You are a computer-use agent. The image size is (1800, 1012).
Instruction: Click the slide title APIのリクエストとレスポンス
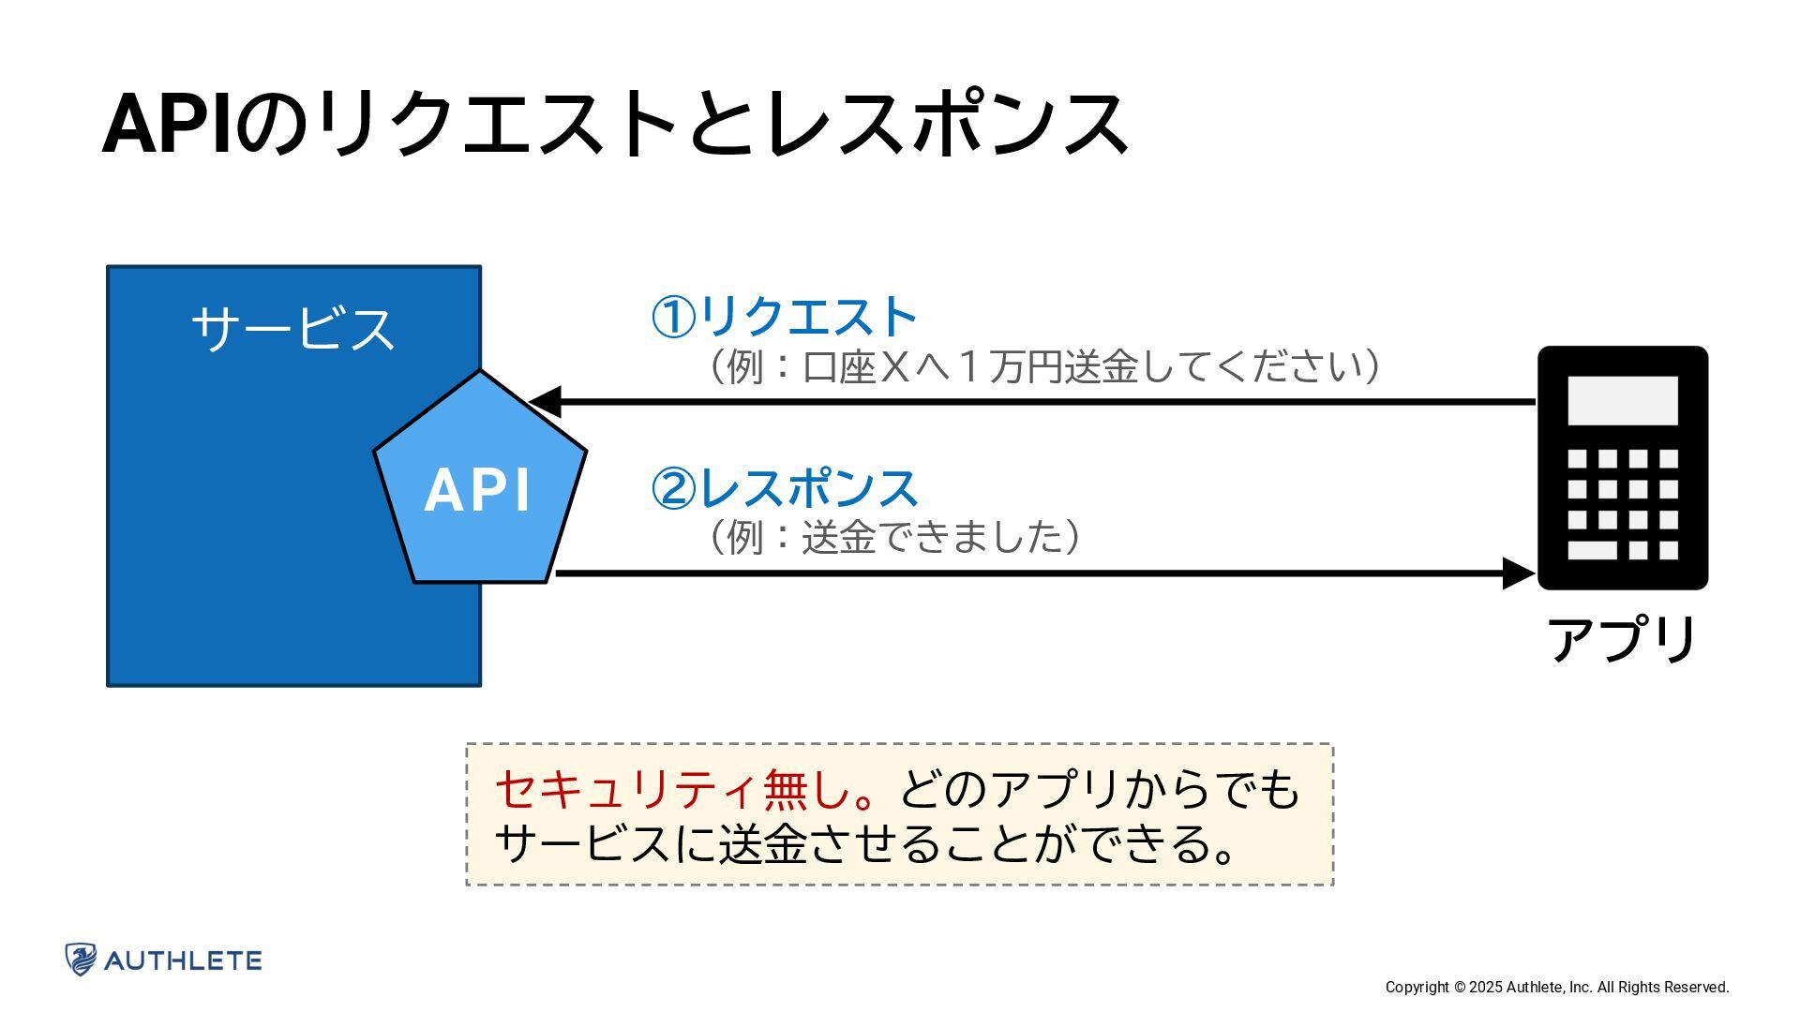point(614,124)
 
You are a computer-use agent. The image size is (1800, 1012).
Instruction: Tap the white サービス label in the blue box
point(292,328)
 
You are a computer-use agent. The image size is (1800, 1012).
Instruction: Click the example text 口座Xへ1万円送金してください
point(1042,366)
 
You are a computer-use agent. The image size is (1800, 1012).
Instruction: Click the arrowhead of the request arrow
point(546,402)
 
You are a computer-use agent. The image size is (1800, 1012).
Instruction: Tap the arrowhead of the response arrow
point(1518,573)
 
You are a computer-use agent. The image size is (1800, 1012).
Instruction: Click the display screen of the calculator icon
point(1622,400)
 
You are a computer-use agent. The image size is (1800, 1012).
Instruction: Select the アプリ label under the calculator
point(1622,640)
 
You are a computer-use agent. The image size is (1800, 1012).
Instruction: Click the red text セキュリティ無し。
point(686,789)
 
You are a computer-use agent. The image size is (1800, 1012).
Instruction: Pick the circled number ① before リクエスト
point(673,318)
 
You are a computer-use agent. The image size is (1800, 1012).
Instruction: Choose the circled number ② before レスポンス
point(673,489)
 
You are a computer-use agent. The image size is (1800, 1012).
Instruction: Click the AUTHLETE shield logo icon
point(81,960)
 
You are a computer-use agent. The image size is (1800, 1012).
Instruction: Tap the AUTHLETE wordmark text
point(183,960)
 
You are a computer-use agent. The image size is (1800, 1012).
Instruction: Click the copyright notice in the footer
point(1556,987)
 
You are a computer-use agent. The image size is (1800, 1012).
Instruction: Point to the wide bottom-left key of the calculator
point(1592,550)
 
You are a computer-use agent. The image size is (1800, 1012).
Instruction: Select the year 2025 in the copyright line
point(1485,987)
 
